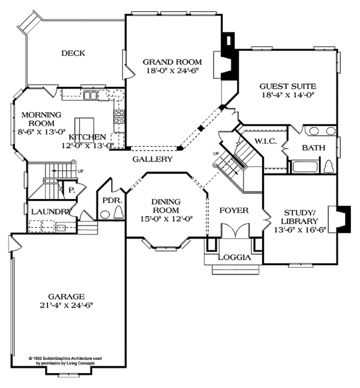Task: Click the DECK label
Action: (x=73, y=53)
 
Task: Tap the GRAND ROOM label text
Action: (x=172, y=61)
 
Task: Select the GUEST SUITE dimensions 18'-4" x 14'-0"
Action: (x=288, y=95)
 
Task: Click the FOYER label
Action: (x=232, y=210)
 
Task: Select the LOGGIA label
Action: (x=233, y=258)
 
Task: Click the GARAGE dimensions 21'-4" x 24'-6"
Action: (x=67, y=305)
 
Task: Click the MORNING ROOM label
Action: (x=41, y=119)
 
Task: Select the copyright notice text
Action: (x=65, y=361)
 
